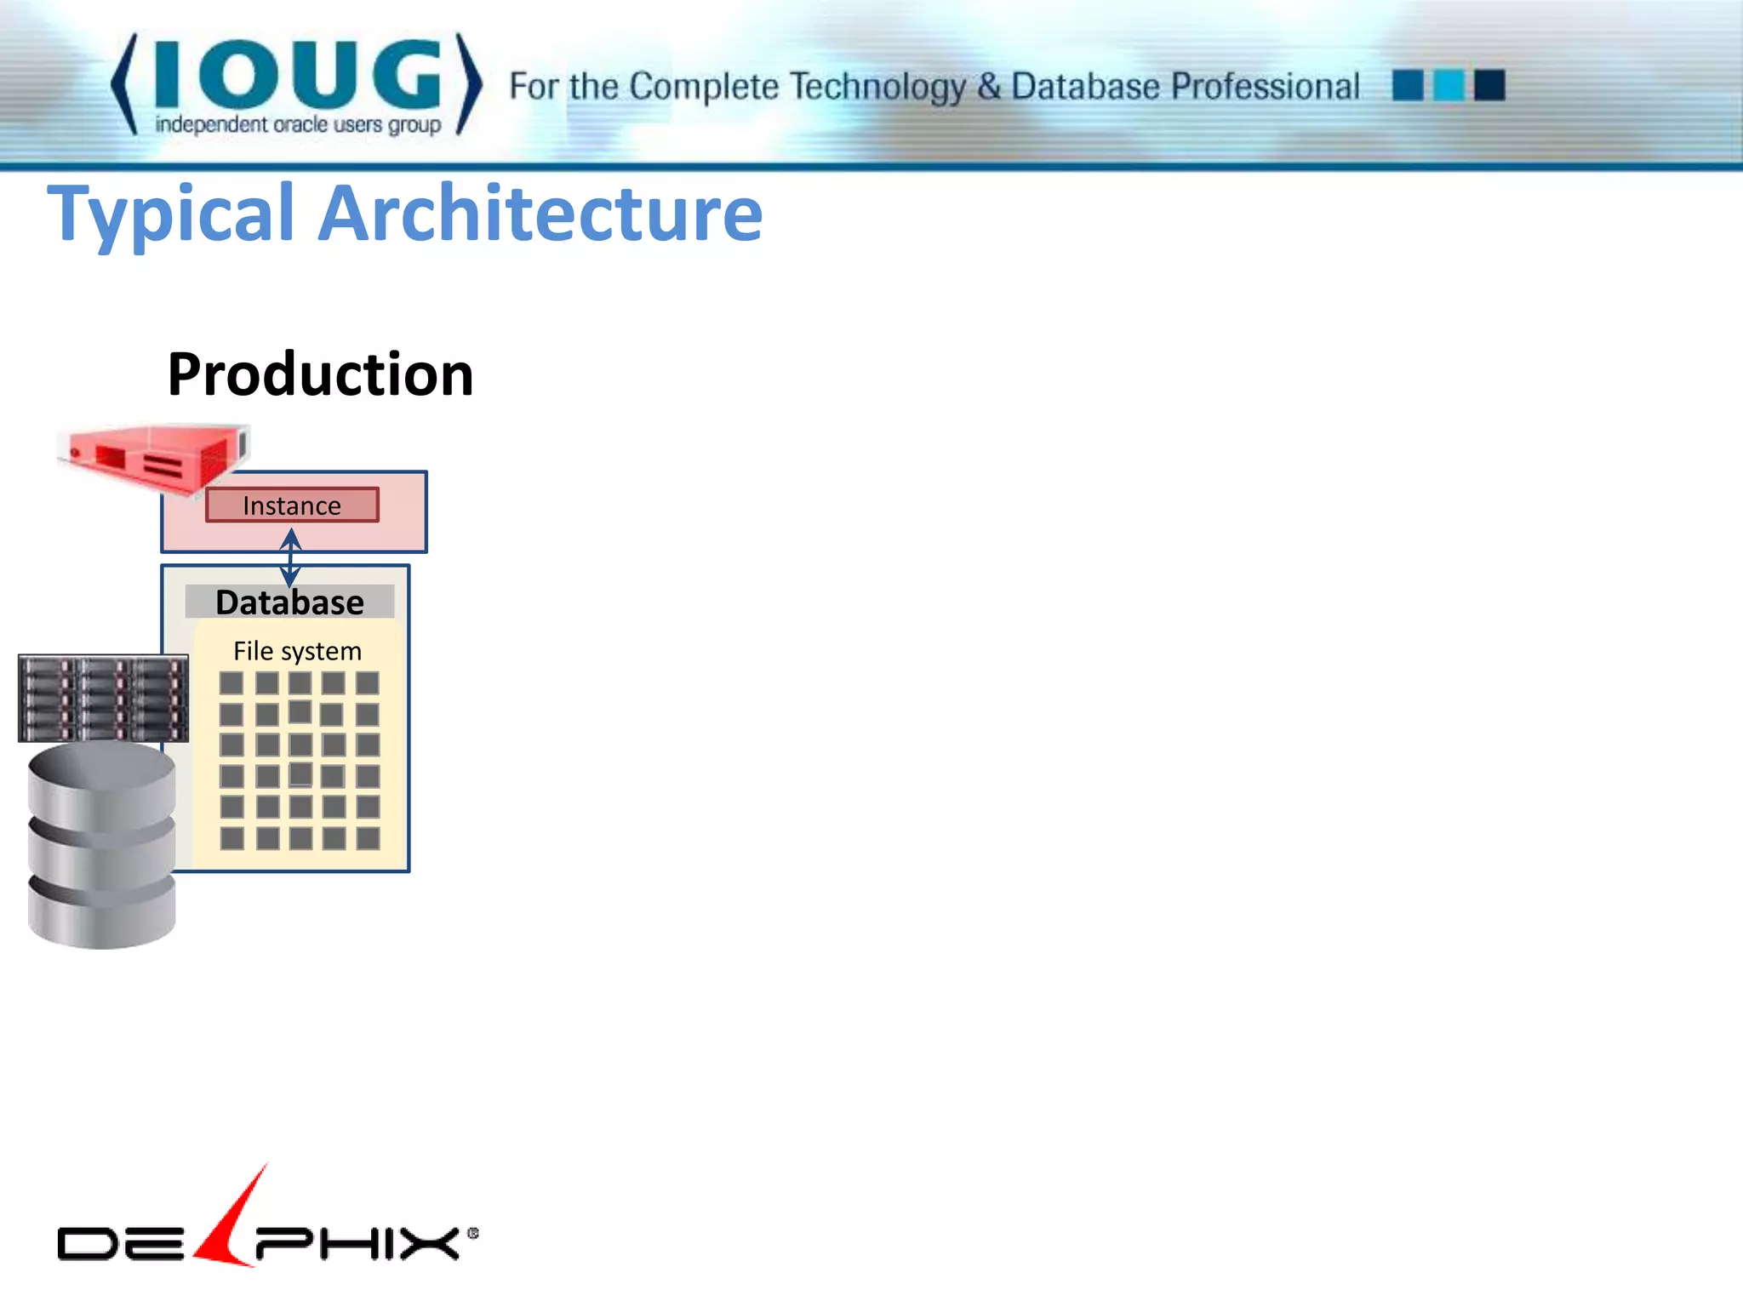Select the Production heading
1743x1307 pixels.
(320, 374)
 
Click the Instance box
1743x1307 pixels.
(292, 505)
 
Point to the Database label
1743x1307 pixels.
(289, 602)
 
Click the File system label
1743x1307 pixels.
(297, 651)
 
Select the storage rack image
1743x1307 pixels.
(103, 698)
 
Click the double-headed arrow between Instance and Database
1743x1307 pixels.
(291, 557)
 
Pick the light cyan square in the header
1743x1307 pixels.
(1449, 85)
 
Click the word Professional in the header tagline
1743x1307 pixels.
(1266, 87)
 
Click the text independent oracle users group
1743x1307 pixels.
(298, 125)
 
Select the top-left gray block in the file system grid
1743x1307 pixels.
(231, 683)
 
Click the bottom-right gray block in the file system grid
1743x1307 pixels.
(368, 839)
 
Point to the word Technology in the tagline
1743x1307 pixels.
(878, 87)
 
